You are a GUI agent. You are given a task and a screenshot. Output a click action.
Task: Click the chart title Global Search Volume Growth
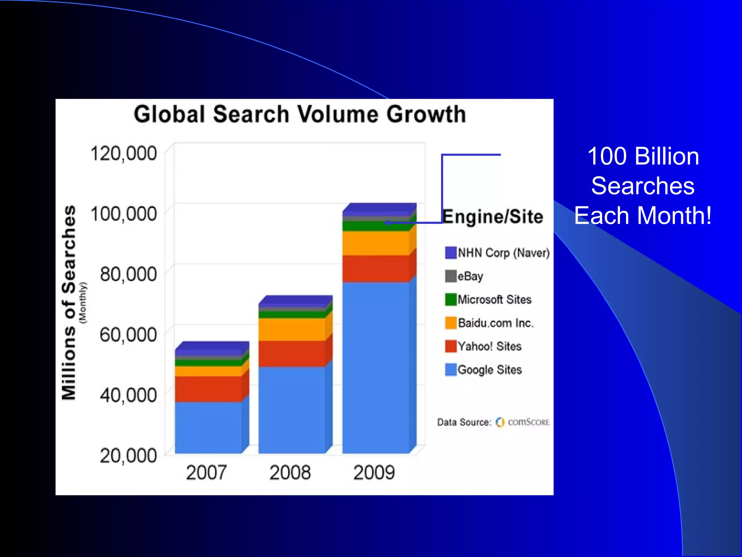(x=300, y=114)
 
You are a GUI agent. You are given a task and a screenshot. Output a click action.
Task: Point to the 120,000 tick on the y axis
(x=124, y=153)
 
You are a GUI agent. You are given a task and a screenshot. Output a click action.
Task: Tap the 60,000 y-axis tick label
(x=128, y=334)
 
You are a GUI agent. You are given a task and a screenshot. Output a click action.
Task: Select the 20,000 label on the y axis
(x=128, y=455)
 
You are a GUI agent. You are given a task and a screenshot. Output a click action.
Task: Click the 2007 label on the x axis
(x=206, y=473)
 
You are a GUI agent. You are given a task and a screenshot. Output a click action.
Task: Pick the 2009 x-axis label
(x=374, y=473)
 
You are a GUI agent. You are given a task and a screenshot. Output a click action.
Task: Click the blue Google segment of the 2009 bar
(x=376, y=366)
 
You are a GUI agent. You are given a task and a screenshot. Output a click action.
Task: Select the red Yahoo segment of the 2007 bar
(x=208, y=389)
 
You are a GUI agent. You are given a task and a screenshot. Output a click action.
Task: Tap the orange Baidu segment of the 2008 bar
(x=292, y=329)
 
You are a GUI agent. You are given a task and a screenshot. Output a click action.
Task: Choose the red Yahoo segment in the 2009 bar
(x=376, y=268)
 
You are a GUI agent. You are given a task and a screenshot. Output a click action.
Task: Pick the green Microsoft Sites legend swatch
(x=451, y=300)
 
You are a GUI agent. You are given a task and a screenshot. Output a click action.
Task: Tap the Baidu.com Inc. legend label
(x=496, y=323)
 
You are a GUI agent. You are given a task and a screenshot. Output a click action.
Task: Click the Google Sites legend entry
(x=489, y=370)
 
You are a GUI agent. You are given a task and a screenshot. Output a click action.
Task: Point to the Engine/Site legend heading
(x=493, y=217)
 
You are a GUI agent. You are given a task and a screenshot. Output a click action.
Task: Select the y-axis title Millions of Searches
(x=69, y=303)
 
